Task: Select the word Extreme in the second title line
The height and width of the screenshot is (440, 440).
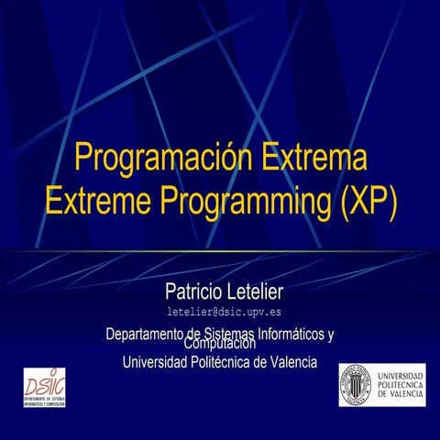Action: (95, 200)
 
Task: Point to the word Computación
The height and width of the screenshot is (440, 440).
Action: (220, 345)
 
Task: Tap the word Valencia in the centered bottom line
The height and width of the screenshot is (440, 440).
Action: (293, 362)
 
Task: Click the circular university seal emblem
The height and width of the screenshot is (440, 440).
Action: (357, 385)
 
